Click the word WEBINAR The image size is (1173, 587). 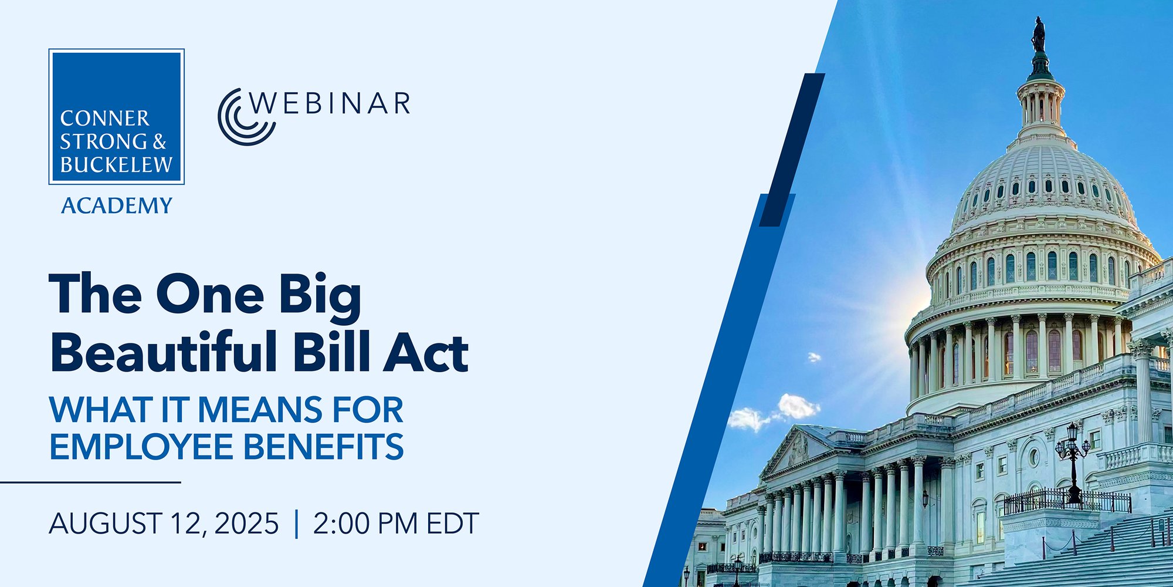pyautogui.click(x=330, y=103)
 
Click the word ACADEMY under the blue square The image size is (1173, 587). pyautogui.click(x=117, y=205)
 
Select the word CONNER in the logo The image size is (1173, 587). pyautogui.click(x=105, y=119)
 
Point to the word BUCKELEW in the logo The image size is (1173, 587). pyautogui.click(x=116, y=165)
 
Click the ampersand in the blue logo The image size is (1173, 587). pyautogui.click(x=160, y=141)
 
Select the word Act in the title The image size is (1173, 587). pyautogui.click(x=426, y=352)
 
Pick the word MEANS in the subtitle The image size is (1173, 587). pyautogui.click(x=259, y=409)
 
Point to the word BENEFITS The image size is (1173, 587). pyautogui.click(x=323, y=446)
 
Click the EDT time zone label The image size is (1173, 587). pyautogui.click(x=453, y=523)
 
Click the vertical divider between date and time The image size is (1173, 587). pyautogui.click(x=296, y=524)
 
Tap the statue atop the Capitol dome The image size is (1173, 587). pyautogui.click(x=1038, y=35)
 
